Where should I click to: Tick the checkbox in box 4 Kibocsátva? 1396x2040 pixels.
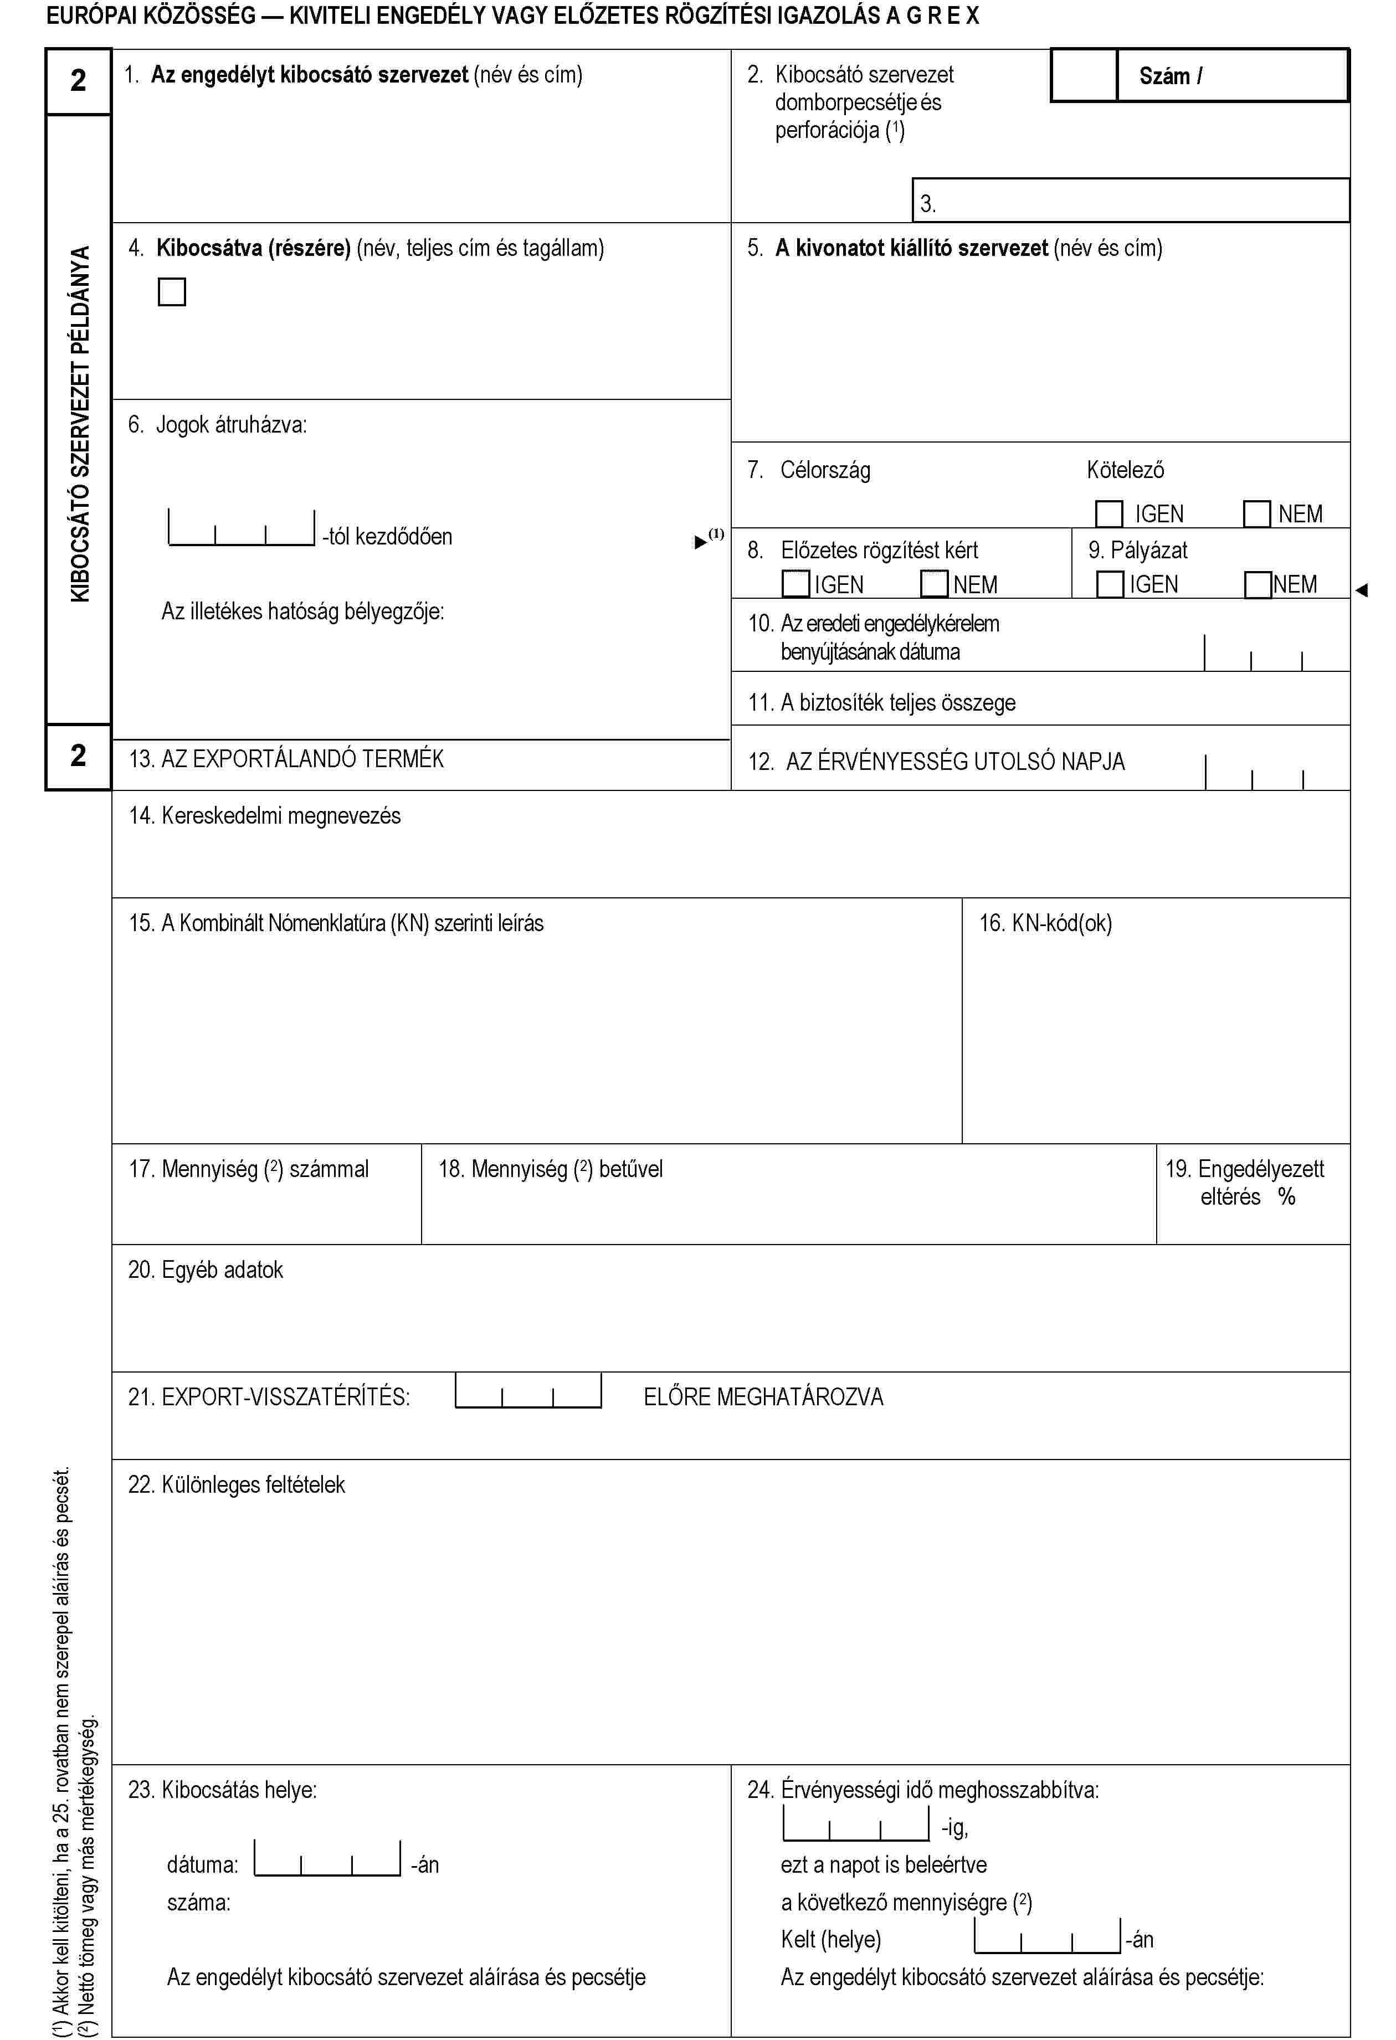coord(172,291)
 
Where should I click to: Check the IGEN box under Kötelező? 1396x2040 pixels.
coord(1109,513)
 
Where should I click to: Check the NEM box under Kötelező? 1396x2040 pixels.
coord(1256,513)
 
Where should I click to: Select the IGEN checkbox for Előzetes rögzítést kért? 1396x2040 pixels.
coord(795,584)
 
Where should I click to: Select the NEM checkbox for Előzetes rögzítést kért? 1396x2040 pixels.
coord(934,584)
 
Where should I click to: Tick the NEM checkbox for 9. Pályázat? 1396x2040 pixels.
coord(1258,584)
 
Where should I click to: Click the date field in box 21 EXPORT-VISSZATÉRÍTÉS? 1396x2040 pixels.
coord(528,1391)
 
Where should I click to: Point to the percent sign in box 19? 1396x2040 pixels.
coord(1286,1196)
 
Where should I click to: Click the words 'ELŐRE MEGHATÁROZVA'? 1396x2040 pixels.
coord(763,1396)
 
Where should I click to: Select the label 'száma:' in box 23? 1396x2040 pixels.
coord(198,1902)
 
